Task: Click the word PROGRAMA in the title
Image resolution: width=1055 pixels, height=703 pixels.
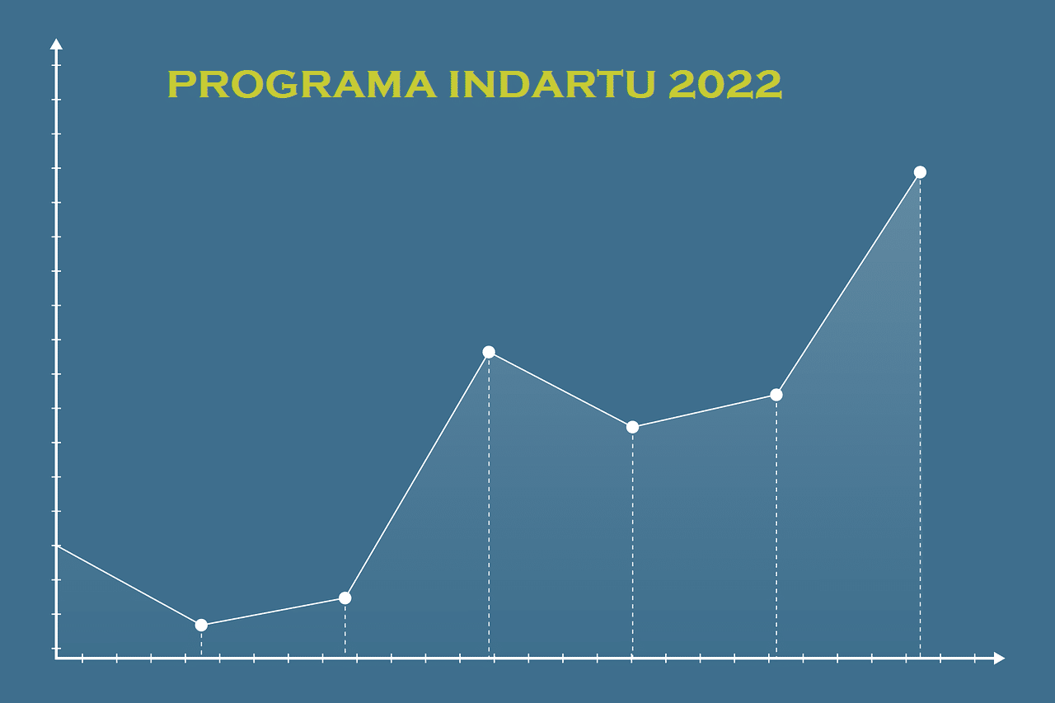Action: tap(302, 84)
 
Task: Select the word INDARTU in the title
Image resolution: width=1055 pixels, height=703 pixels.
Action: tap(552, 84)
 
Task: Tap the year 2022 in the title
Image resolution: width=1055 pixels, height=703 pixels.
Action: tap(725, 84)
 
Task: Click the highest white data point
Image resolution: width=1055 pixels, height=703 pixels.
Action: tap(920, 172)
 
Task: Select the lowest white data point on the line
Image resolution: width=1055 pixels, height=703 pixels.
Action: tap(201, 625)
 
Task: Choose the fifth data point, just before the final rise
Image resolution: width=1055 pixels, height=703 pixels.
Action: tap(776, 395)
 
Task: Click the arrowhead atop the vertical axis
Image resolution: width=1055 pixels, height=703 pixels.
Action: tap(57, 44)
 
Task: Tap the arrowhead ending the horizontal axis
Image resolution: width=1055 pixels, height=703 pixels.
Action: tap(1000, 658)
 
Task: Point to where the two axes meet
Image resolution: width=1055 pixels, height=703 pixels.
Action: tap(57, 658)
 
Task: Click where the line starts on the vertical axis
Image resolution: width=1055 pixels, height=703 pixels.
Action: tap(57, 546)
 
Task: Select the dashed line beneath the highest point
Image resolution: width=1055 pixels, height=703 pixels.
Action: tap(920, 418)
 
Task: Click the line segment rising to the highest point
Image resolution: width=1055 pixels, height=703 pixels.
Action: tap(848, 284)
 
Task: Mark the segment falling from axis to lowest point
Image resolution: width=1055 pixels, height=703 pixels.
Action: tap(129, 585)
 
